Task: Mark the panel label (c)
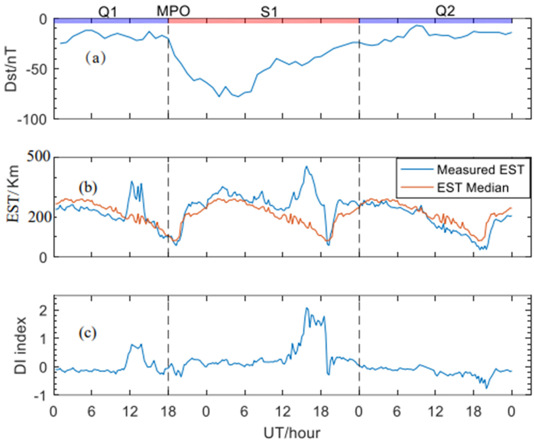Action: click(x=87, y=333)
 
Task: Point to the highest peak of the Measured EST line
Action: click(x=307, y=167)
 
